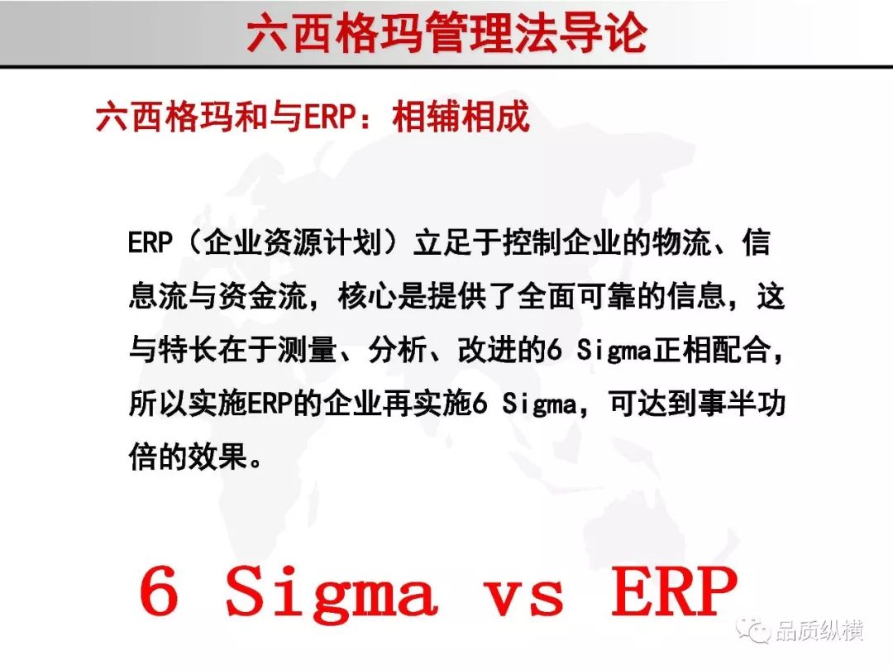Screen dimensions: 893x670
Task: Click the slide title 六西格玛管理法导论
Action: [447, 34]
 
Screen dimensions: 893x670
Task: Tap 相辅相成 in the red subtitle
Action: [461, 117]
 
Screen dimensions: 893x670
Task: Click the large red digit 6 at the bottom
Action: [159, 591]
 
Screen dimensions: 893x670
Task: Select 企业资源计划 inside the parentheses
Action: [292, 242]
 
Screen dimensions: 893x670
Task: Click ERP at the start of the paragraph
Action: [150, 242]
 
